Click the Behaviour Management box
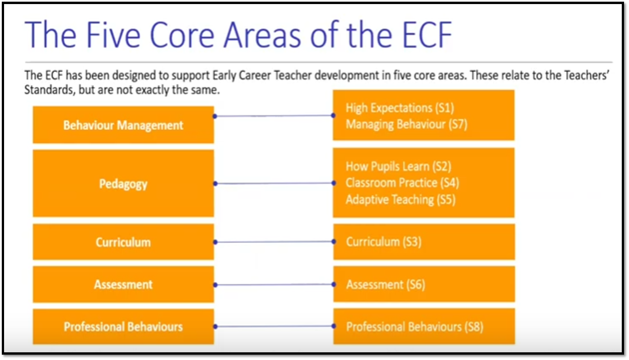(x=123, y=125)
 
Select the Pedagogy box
(x=123, y=183)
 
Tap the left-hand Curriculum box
(x=123, y=242)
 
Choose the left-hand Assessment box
(x=123, y=284)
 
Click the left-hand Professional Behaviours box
(x=123, y=327)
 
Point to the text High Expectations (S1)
(x=400, y=108)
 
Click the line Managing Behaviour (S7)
(x=406, y=125)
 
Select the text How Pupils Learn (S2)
(x=398, y=167)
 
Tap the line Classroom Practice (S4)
(x=402, y=183)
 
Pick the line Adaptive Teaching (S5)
(x=401, y=200)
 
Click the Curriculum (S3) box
(x=424, y=242)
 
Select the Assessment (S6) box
(x=424, y=284)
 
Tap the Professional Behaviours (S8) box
(x=424, y=326)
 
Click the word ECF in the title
(x=427, y=35)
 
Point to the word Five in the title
(x=113, y=35)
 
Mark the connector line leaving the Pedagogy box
(x=275, y=183)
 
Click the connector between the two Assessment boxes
(x=275, y=285)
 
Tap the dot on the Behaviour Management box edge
(x=215, y=116)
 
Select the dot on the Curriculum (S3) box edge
(x=334, y=242)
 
